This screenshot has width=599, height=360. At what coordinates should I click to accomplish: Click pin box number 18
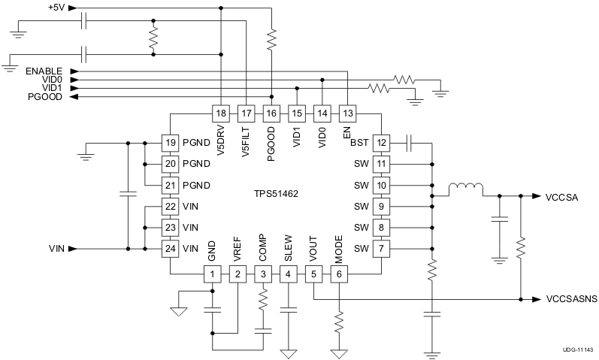coord(220,113)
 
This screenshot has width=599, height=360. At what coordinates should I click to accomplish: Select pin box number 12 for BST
coord(383,142)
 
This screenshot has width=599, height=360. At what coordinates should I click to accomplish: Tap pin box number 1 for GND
coord(213,274)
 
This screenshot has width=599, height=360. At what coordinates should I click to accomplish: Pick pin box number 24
coord(171,248)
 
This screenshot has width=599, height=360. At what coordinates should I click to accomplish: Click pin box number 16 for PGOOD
coord(271,113)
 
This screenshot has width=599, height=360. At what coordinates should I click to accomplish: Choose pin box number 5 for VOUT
coord(313,274)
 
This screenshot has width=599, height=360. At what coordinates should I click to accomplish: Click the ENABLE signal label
coord(43,71)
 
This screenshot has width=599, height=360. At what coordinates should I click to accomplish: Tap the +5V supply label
coord(56,8)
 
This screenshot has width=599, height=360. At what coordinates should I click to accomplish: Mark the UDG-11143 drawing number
coord(577,350)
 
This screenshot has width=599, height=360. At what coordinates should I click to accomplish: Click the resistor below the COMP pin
coord(263,303)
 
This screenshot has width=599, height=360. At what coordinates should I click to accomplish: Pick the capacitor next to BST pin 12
coord(410,142)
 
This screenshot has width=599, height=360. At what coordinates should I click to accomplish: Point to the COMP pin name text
coord(263,249)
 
